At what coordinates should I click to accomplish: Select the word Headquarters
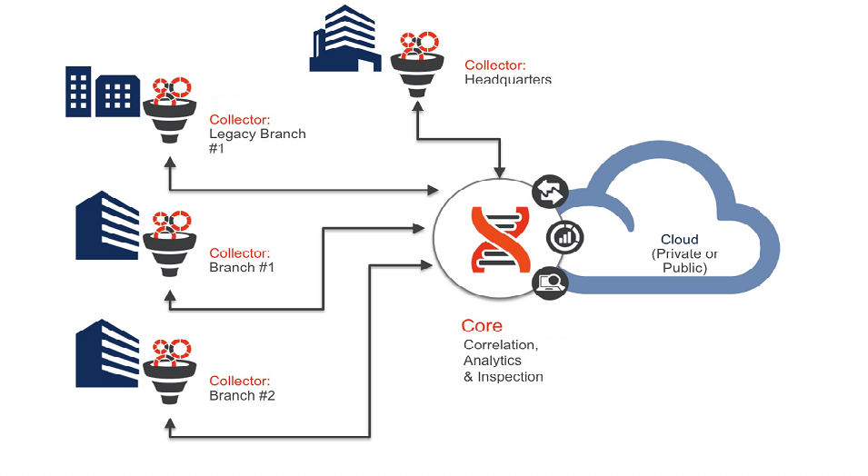(508, 79)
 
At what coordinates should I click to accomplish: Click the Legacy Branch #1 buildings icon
(102, 91)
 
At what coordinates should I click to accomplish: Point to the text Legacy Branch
(257, 134)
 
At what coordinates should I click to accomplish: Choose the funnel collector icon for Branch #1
(169, 242)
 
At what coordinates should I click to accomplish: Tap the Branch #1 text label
(242, 268)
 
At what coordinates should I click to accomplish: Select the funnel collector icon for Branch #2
(169, 371)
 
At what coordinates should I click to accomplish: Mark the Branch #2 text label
(242, 396)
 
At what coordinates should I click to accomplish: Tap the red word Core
(482, 325)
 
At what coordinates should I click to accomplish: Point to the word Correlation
(500, 345)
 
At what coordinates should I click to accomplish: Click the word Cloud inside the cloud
(679, 240)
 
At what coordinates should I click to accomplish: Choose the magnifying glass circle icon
(550, 283)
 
